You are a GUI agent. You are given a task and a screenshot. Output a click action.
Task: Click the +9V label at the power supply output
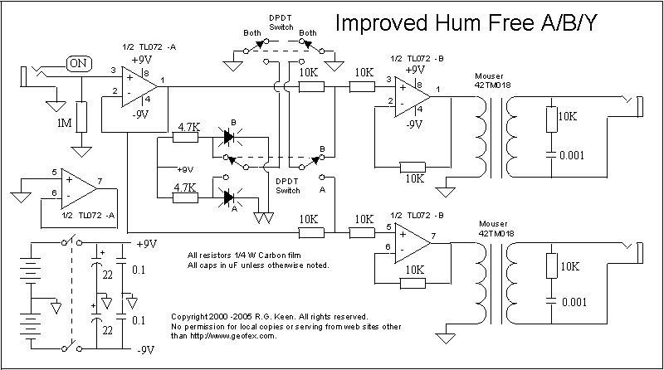click(x=146, y=245)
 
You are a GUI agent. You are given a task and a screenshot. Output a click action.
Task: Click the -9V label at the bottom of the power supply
click(x=146, y=350)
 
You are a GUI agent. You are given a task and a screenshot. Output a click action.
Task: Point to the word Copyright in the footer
click(x=190, y=317)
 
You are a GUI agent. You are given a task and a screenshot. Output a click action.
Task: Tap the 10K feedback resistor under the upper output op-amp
click(x=413, y=165)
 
